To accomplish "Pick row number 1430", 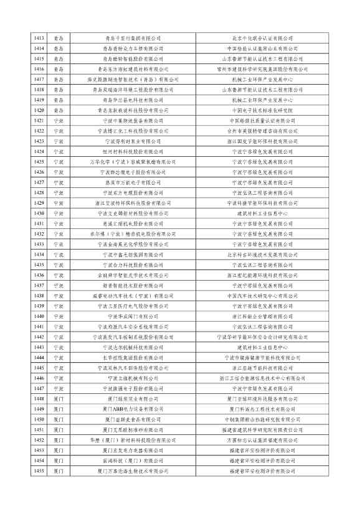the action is coord(39,213).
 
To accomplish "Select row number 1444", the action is coord(39,357).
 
